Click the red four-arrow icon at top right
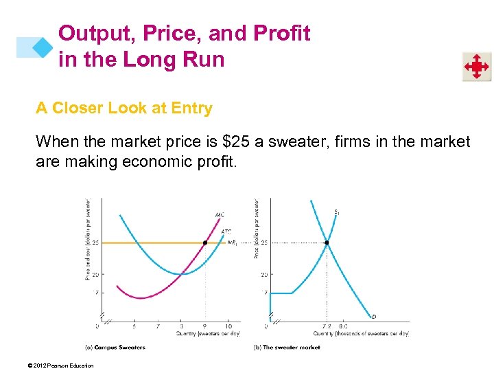tap(476, 67)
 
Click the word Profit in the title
tap(281, 33)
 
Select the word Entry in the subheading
tap(192, 108)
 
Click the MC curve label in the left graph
tap(220, 215)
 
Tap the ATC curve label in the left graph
tap(226, 232)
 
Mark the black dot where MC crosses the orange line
tap(205, 243)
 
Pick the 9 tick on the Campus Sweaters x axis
tap(205, 326)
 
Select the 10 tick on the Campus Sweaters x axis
tap(228, 326)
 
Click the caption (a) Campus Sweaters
tap(114, 347)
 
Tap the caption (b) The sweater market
tap(287, 347)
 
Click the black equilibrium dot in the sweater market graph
tap(327, 243)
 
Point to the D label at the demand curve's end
tap(373, 317)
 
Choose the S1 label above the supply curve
tap(336, 212)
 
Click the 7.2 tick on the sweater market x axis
tap(326, 326)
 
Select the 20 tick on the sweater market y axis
tap(263, 274)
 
